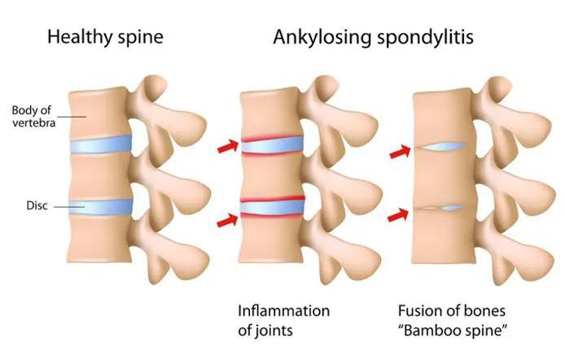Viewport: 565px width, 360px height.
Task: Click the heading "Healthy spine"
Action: point(105,37)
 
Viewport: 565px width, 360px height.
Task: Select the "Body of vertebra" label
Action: point(33,116)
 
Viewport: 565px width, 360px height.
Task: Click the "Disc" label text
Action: point(37,205)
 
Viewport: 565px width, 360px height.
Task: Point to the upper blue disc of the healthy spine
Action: point(100,144)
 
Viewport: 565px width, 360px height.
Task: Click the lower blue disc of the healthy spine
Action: point(101,207)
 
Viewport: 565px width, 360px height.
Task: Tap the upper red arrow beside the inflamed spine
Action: point(228,146)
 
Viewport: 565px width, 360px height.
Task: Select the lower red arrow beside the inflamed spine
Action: point(227,220)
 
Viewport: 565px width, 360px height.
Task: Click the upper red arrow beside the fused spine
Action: point(400,151)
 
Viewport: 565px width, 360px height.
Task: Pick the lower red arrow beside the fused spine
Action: point(398,215)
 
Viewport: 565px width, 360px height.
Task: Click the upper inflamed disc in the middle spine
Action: point(272,145)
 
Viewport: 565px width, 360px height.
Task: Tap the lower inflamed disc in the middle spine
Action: point(273,207)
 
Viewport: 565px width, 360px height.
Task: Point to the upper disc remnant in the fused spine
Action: point(443,146)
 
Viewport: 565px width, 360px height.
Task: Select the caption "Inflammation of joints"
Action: point(284,320)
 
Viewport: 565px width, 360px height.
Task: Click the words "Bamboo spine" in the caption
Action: point(452,330)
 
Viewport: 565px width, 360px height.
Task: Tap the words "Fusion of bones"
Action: point(452,310)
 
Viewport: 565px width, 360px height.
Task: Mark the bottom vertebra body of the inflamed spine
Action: point(270,239)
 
